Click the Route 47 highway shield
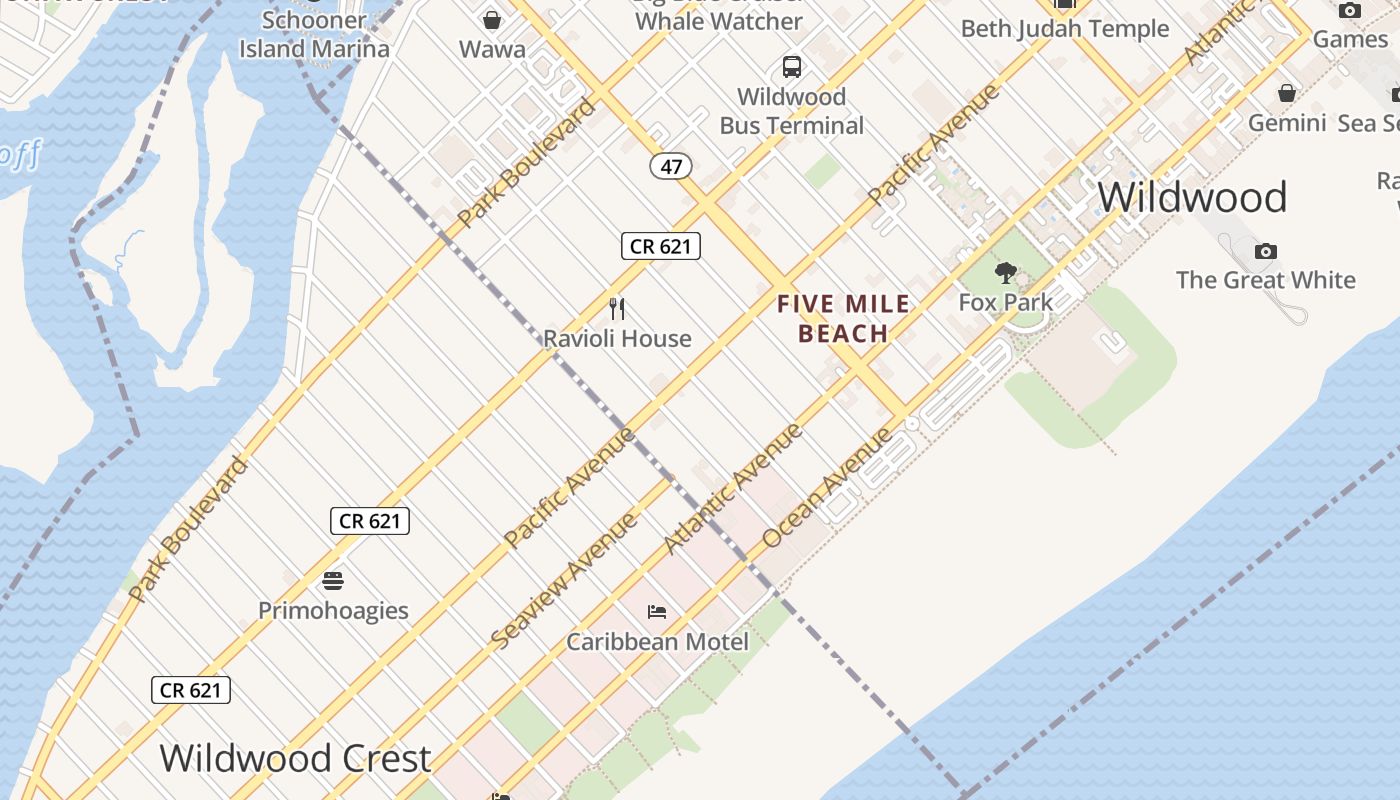tap(670, 166)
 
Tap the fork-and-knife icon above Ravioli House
tap(617, 309)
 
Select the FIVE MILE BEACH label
tap(844, 319)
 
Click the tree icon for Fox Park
tap(1006, 272)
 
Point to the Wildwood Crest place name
tap(295, 758)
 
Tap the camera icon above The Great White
tap(1266, 251)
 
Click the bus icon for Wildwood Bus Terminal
tap(792, 67)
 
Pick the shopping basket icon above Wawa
tap(492, 20)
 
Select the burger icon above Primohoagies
tap(333, 580)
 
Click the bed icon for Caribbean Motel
tap(657, 611)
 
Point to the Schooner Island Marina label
tap(314, 34)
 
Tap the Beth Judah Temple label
tap(1065, 29)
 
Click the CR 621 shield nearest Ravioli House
tap(661, 246)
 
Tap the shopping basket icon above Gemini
tap(1287, 93)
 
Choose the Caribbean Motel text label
tap(657, 641)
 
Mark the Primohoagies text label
tap(333, 610)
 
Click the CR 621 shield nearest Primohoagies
tap(370, 520)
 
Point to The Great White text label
tap(1266, 280)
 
